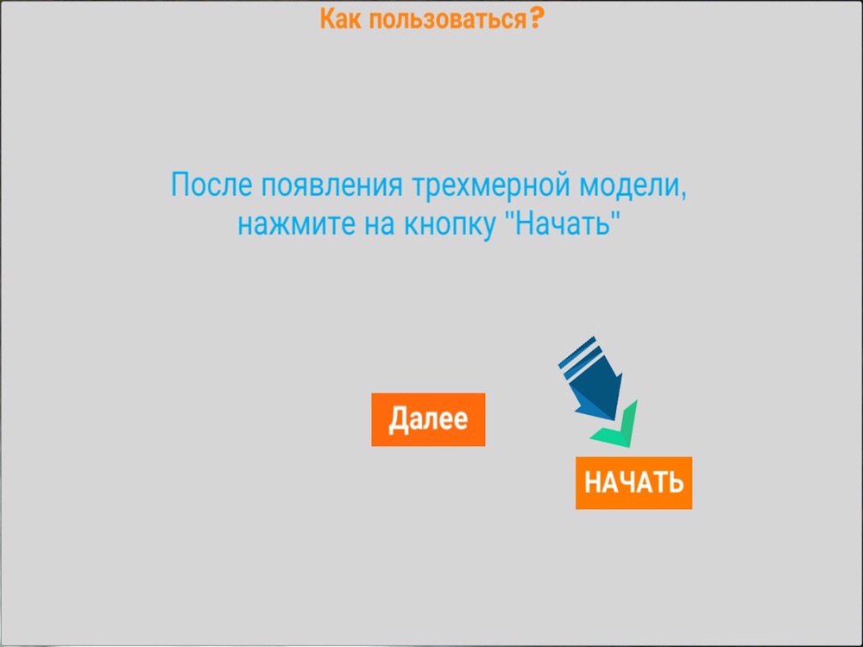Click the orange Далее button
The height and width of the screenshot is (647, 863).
[428, 419]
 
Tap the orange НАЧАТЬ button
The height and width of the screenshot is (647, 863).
[633, 482]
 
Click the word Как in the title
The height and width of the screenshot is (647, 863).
[341, 19]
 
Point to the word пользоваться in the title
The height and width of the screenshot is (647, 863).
[447, 20]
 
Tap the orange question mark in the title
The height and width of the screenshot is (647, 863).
[537, 18]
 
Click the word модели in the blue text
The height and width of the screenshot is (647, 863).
[628, 186]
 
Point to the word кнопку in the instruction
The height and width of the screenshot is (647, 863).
[449, 225]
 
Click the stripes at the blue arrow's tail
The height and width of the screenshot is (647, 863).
[578, 355]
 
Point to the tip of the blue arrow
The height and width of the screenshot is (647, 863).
[614, 421]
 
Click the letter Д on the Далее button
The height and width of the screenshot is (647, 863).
[399, 420]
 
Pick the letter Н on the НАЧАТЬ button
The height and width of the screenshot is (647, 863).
[592, 482]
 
